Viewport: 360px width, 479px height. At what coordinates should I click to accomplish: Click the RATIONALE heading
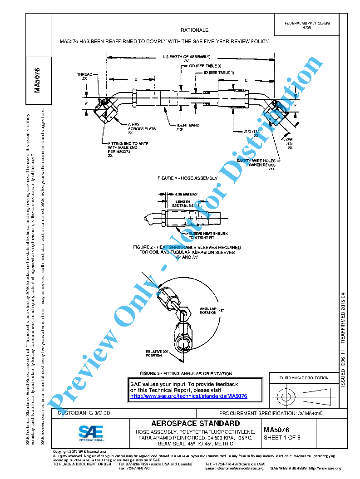(194, 30)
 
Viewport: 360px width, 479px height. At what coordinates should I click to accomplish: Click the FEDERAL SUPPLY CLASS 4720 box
(307, 25)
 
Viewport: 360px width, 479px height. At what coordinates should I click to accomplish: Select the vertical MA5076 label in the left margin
(38, 79)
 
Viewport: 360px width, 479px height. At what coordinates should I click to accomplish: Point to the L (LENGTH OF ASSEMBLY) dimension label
(187, 57)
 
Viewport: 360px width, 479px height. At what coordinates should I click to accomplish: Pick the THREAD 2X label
(84, 76)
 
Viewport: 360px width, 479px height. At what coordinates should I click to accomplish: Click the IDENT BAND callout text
(187, 127)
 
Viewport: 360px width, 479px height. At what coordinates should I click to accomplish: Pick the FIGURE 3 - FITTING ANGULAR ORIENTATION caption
(186, 374)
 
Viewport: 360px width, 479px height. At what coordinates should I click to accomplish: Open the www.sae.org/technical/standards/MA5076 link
(188, 396)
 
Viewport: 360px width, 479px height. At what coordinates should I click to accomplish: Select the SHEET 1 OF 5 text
(282, 438)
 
